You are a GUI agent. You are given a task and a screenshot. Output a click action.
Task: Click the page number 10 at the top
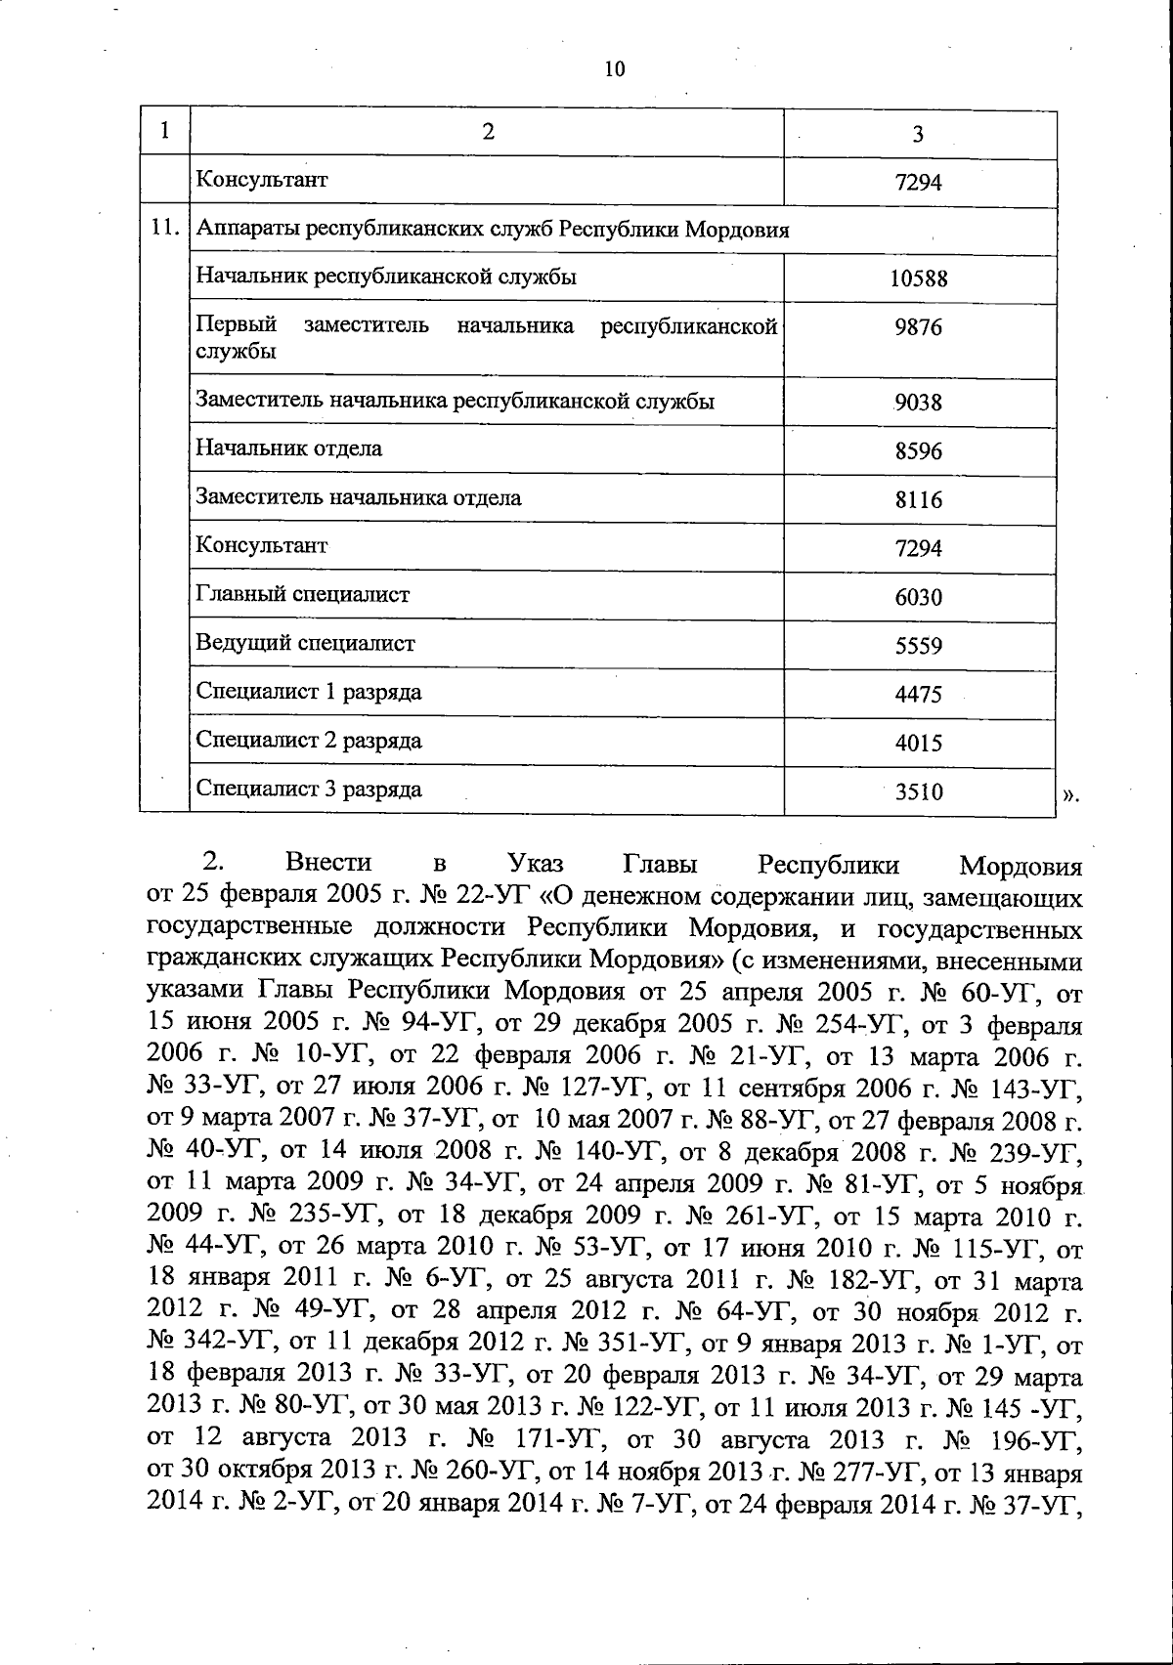[x=614, y=69]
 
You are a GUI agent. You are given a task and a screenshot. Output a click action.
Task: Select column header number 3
[x=918, y=135]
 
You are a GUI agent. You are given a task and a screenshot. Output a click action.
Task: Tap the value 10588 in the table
[x=918, y=278]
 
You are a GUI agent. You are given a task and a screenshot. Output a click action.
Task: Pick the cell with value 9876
[x=918, y=327]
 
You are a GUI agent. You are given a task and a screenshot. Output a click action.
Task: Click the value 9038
[x=918, y=403]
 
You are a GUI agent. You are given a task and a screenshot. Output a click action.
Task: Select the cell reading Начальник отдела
[x=289, y=449]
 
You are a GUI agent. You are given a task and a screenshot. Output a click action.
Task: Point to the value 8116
[x=918, y=500]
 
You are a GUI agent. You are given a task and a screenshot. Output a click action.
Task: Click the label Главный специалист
[x=303, y=595]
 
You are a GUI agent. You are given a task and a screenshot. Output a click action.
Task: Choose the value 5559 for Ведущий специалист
[x=918, y=646]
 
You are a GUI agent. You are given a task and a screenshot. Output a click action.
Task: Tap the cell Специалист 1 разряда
[x=309, y=693]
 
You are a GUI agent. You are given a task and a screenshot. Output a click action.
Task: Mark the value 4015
[x=918, y=744]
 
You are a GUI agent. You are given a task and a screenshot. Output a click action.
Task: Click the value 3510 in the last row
[x=918, y=792]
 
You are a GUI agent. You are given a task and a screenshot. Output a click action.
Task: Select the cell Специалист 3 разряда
[x=309, y=790]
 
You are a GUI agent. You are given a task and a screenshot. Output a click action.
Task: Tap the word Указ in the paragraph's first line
[x=536, y=864]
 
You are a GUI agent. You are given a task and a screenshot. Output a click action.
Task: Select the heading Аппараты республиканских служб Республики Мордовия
[x=493, y=231]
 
